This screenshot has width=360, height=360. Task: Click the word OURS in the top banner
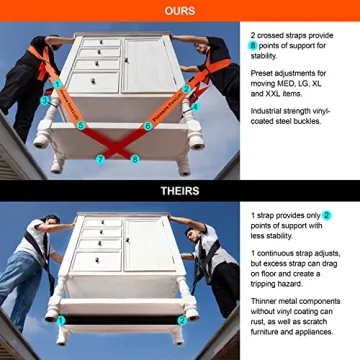click(x=179, y=10)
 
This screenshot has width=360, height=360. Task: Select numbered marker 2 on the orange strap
click(x=186, y=88)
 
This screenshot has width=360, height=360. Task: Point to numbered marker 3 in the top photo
click(x=46, y=101)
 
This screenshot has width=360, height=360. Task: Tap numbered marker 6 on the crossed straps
click(x=148, y=126)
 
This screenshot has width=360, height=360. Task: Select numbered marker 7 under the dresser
click(x=98, y=158)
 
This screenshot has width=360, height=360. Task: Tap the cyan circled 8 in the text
click(x=253, y=47)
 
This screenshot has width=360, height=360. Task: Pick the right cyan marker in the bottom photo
click(x=181, y=321)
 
